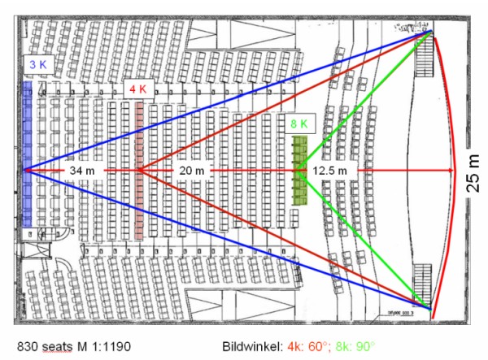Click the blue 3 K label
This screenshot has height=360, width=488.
(x=37, y=64)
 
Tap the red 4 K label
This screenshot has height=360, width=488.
(x=136, y=87)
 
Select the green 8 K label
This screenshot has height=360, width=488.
(x=298, y=124)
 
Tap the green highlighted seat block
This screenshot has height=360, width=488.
(x=299, y=171)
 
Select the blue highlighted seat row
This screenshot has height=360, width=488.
(x=28, y=154)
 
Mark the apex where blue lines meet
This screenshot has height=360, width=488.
(x=26, y=170)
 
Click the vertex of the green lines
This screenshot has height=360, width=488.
(x=298, y=170)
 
